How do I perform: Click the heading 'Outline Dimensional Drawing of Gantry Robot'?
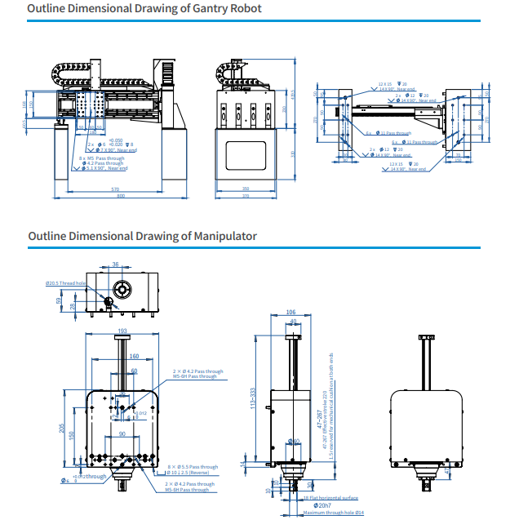click(144, 8)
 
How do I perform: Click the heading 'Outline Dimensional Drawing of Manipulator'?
click(142, 236)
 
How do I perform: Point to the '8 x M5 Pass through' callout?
click(101, 158)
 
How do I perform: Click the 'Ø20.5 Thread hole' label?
click(66, 283)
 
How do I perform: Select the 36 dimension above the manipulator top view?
click(115, 264)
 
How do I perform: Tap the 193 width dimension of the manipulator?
click(122, 331)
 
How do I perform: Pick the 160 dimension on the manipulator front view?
click(134, 356)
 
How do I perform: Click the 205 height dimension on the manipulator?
click(63, 429)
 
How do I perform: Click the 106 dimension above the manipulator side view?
click(290, 313)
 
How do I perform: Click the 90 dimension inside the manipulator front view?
click(122, 434)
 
